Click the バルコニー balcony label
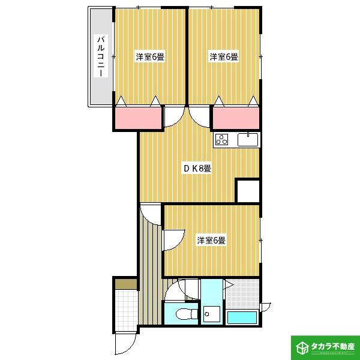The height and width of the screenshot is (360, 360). (x=101, y=56)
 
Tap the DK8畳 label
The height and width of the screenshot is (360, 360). (x=197, y=169)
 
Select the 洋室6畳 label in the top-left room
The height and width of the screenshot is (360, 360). (x=151, y=57)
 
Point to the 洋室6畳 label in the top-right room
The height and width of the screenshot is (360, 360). (x=224, y=57)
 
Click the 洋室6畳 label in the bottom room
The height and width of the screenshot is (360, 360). (x=211, y=241)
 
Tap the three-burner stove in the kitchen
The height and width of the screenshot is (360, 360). (x=222, y=139)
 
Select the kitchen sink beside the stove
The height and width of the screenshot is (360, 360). (x=248, y=139)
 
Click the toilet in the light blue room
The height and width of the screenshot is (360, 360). (x=187, y=314)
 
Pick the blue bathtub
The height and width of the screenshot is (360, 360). (x=242, y=317)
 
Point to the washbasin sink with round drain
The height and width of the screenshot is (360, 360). (x=212, y=314)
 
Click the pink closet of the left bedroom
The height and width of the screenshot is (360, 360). (x=138, y=118)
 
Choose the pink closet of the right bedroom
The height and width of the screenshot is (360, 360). (x=236, y=118)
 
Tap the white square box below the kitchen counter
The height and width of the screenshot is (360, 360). (x=248, y=191)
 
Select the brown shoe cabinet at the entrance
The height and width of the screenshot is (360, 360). (x=126, y=284)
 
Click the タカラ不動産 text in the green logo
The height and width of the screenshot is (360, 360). (x=333, y=346)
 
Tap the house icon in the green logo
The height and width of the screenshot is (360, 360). (x=302, y=347)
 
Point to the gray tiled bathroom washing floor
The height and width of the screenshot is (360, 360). (x=242, y=294)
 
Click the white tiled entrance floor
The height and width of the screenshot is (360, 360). (x=126, y=310)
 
